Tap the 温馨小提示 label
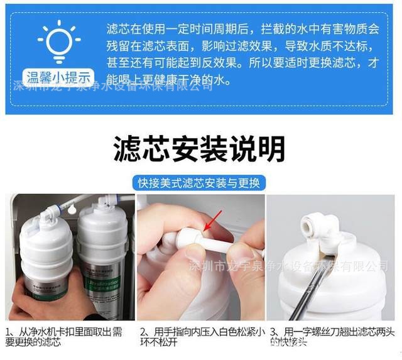click(59, 77)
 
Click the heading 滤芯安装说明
click(200, 149)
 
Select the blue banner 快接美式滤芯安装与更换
click(200, 183)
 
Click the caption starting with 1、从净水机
click(65, 336)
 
